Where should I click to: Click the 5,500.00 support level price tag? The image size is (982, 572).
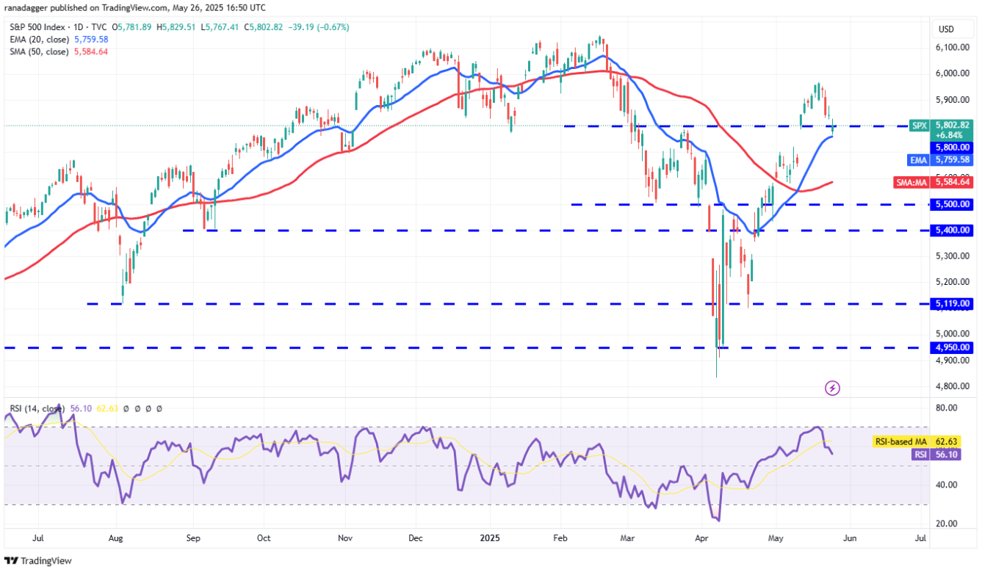[x=953, y=204]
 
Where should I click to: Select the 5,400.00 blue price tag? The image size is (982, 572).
[x=953, y=231]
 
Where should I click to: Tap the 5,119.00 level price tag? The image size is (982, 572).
[x=953, y=303]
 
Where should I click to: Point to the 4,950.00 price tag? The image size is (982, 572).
[x=953, y=347]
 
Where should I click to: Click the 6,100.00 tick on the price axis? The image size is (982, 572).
[x=953, y=48]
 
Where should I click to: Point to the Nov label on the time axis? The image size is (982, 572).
[x=345, y=538]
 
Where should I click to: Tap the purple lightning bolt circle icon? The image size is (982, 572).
[x=832, y=387]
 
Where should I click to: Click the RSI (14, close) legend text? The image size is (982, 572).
[x=36, y=408]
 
